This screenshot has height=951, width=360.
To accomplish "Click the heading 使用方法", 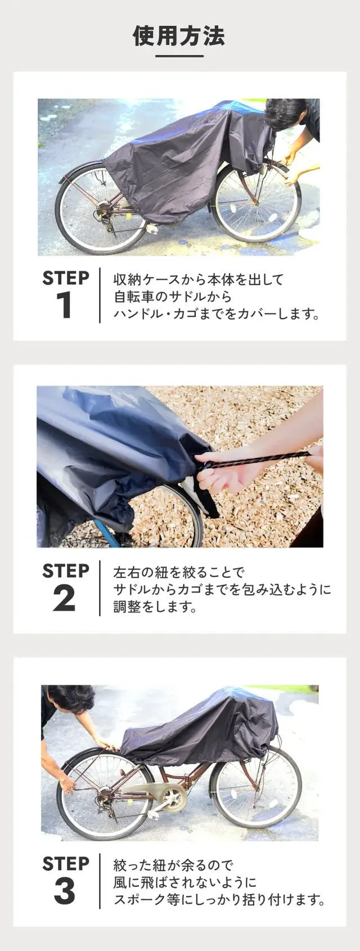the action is pos(179,35).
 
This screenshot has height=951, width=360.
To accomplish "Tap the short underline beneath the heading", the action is pos(179,56).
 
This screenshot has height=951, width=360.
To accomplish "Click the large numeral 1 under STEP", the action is pos(65,304).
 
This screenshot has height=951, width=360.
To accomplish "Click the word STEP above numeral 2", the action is pos(66,571).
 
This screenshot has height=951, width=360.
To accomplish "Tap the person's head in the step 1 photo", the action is pos(286,113).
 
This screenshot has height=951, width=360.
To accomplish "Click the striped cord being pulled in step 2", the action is pos(259,460).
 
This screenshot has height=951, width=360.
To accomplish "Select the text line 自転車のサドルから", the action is pos(173,297).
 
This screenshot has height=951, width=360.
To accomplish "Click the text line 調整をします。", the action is pos(155,607).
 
